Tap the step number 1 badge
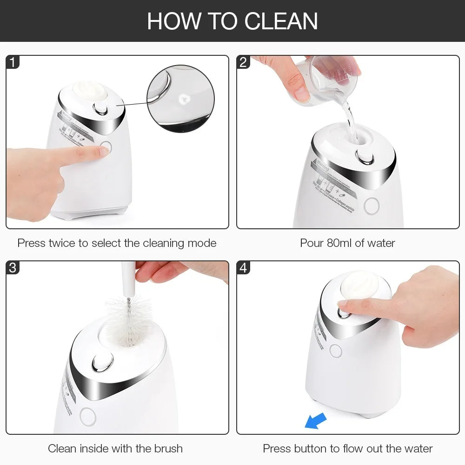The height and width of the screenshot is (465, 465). [x=13, y=62]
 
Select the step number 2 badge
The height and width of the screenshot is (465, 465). [x=244, y=62]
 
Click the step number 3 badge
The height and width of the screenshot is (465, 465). [x=13, y=268]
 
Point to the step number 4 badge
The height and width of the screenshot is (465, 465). [x=244, y=268]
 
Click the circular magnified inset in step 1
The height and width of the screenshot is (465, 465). [x=180, y=99]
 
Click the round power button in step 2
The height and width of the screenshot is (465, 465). [x=372, y=206]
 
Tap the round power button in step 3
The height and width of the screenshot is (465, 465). [x=87, y=417]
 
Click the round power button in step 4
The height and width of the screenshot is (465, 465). [x=336, y=351]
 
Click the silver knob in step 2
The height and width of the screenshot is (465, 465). [x=364, y=157]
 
